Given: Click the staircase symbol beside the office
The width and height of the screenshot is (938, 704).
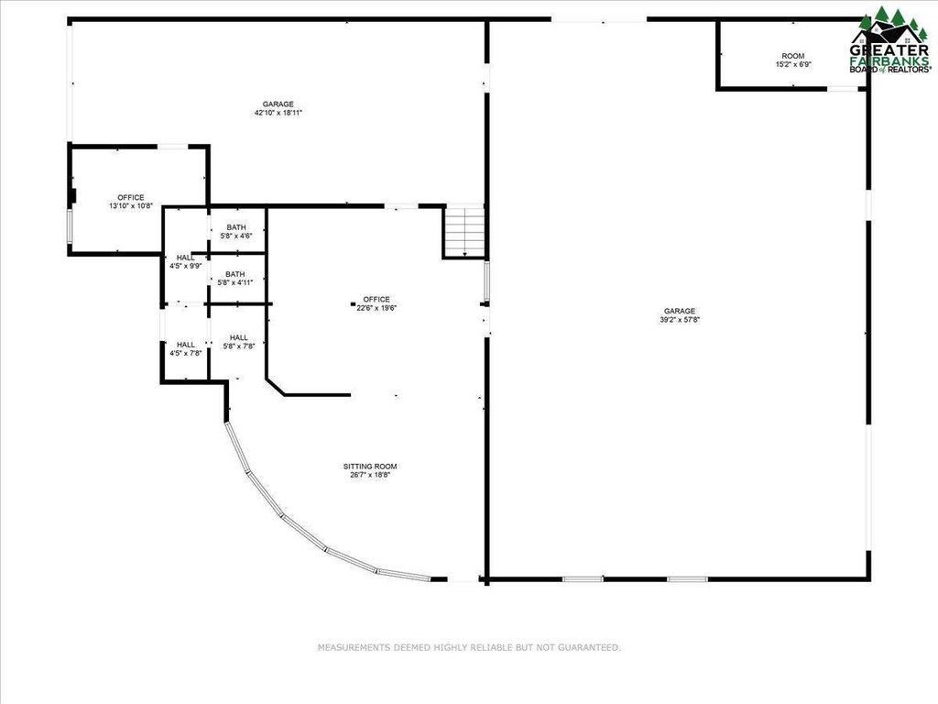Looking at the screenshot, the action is click(464, 232).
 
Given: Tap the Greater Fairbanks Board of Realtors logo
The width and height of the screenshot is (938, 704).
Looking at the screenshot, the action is click(890, 40).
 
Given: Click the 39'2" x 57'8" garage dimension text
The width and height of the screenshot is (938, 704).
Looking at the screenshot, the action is click(680, 320).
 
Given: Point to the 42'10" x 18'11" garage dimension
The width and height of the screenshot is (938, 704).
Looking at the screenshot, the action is click(278, 113).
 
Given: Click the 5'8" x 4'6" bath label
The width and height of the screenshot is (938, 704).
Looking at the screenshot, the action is click(235, 232).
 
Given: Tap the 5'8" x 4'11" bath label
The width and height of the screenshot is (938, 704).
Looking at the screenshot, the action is click(235, 279).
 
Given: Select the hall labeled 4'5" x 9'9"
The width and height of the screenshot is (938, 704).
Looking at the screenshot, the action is click(185, 261).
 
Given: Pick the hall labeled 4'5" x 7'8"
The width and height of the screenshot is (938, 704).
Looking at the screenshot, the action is click(185, 349).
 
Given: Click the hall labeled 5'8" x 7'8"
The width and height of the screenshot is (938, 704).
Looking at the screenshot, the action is click(239, 342).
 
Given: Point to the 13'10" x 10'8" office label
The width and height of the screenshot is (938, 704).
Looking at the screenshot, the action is click(131, 202).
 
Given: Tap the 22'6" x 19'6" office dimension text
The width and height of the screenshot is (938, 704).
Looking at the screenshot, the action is click(376, 308).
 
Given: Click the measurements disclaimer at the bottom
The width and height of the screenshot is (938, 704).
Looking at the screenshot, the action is click(469, 648).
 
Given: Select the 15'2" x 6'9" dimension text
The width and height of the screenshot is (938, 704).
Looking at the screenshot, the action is click(793, 64).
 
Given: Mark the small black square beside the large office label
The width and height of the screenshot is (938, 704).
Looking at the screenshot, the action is click(353, 304).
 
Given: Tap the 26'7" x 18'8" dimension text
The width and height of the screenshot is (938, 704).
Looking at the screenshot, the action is click(370, 476).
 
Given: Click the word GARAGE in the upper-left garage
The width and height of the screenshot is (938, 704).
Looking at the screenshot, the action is click(278, 104).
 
